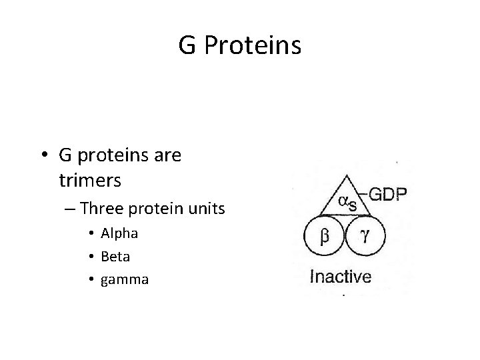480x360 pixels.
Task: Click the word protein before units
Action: [160, 209]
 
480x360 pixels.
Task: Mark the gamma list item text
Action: [124, 280]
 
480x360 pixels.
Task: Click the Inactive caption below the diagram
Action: [341, 277]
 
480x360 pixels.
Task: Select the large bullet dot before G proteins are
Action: [44, 156]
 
